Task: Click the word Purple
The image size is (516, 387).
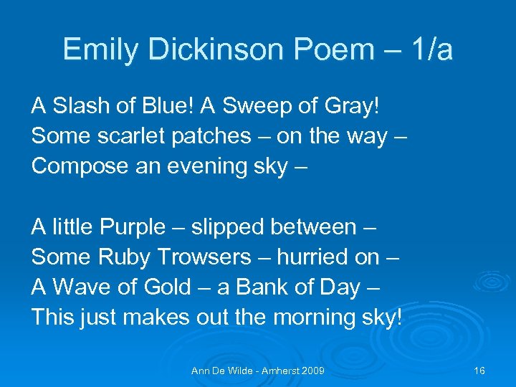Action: [132, 227]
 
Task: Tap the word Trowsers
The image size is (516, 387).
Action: [204, 257]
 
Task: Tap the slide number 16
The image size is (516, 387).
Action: [479, 371]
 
